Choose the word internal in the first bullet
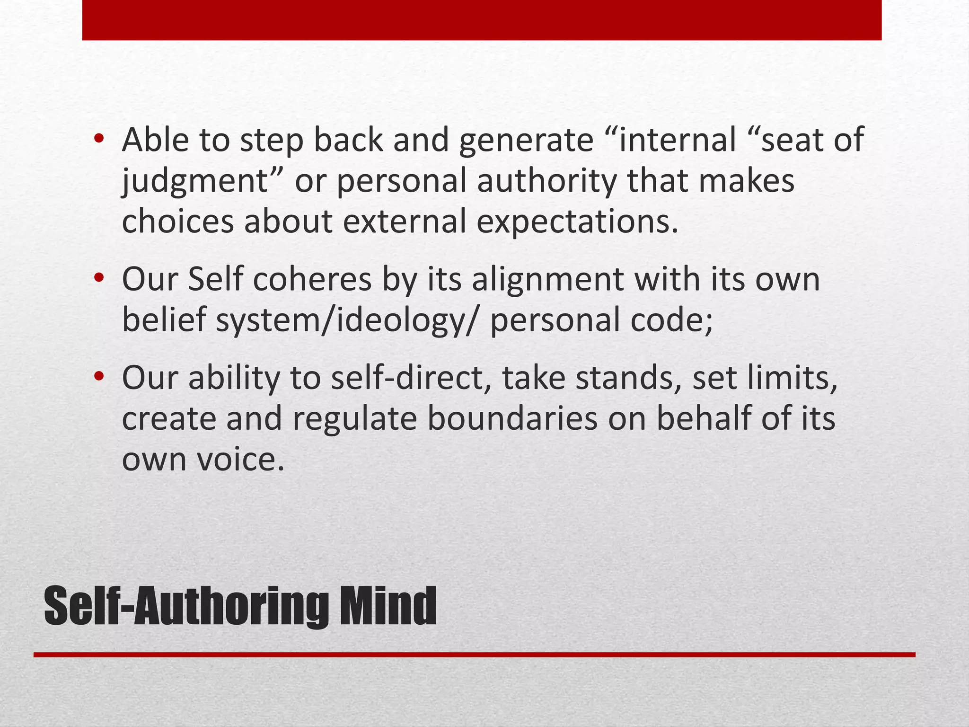(x=677, y=140)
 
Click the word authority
(x=546, y=182)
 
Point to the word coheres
(x=312, y=279)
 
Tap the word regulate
(x=355, y=419)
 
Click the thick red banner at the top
(x=482, y=20)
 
